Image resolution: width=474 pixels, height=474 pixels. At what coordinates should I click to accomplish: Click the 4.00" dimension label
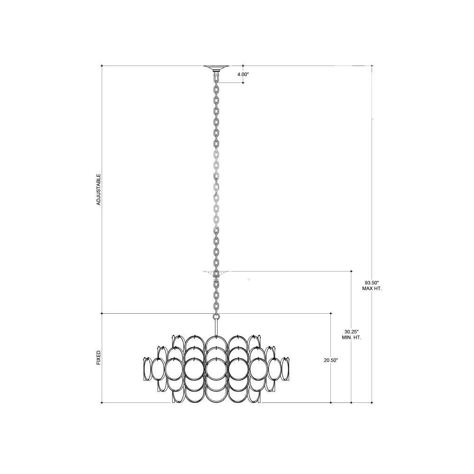point(243,74)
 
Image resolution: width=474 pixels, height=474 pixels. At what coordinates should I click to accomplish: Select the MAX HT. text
point(372,289)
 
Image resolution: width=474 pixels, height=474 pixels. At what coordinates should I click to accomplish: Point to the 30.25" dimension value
point(351,331)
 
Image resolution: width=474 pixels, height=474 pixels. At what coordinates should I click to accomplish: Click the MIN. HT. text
point(351,337)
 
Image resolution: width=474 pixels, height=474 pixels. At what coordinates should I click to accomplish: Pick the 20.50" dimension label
point(331,360)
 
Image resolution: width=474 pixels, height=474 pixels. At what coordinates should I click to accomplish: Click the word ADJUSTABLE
point(99,190)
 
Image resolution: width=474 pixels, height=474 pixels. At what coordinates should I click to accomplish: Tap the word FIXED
point(99,357)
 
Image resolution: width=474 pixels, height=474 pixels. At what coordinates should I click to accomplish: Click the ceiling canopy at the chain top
point(216,68)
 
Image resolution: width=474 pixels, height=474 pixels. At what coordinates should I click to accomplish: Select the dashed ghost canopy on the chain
point(216,273)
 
